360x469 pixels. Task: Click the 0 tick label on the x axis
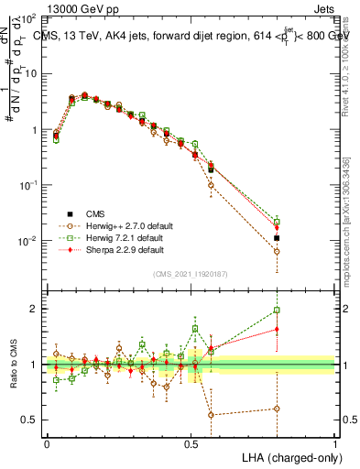click(47, 443)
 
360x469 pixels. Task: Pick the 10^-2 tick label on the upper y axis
click(27, 242)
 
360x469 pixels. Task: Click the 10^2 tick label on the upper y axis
click(28, 18)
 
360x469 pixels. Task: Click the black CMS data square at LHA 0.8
click(277, 238)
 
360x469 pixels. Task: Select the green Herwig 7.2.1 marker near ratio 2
click(277, 310)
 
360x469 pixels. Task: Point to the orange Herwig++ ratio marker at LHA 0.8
click(277, 409)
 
